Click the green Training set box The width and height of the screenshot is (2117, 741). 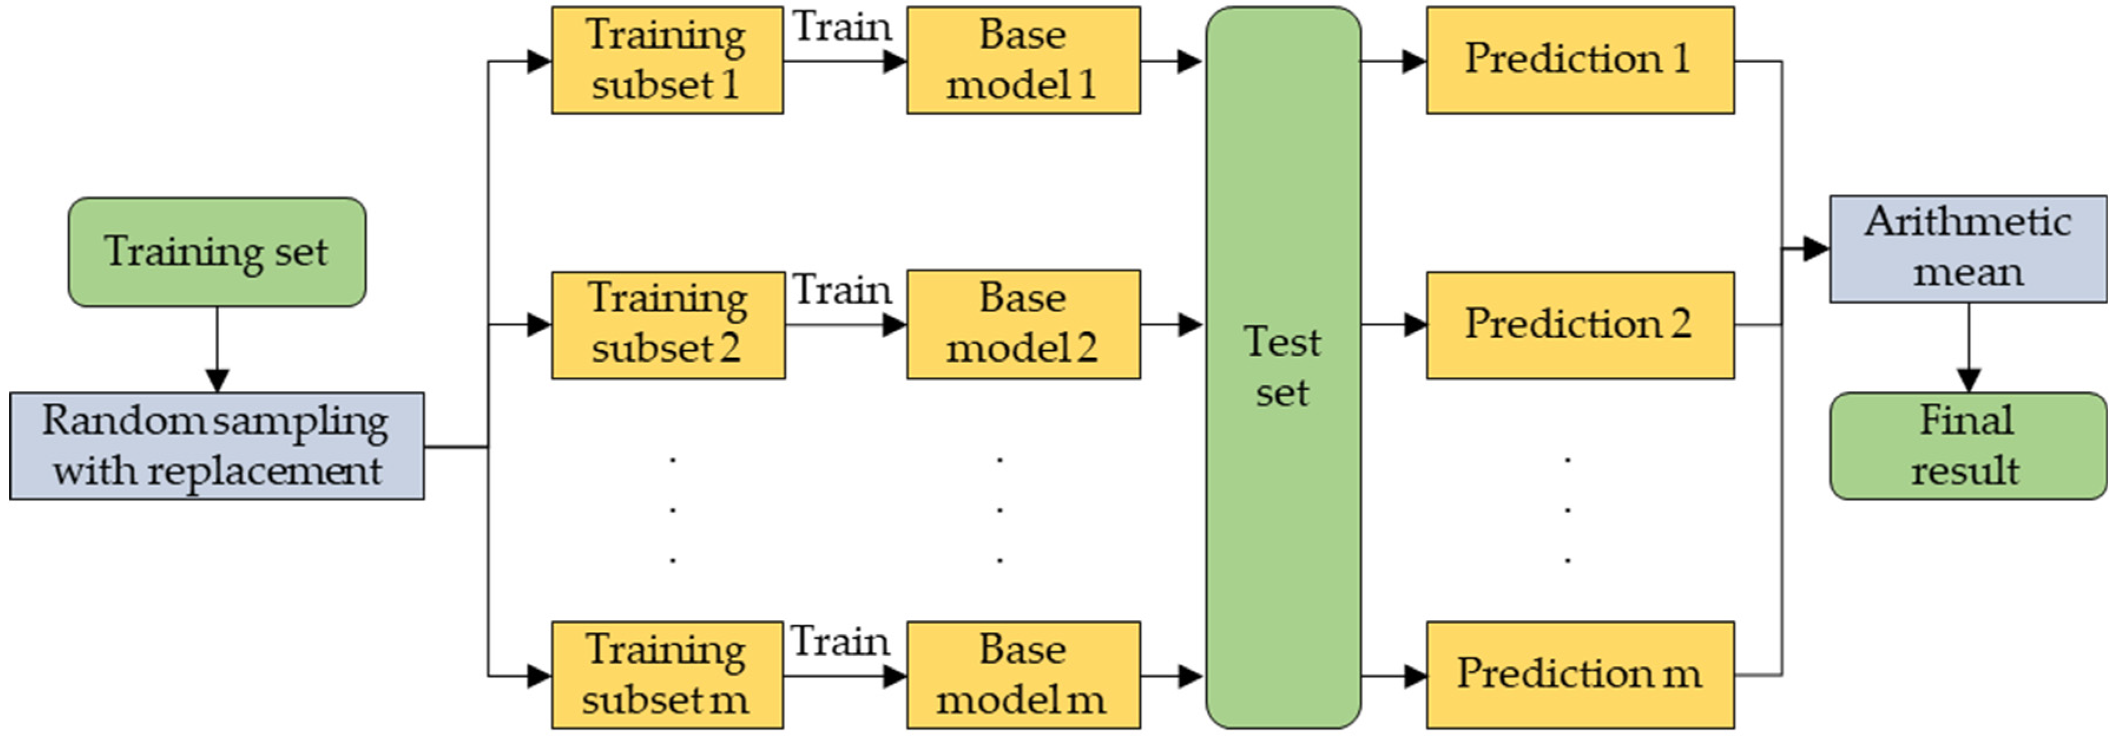[216, 252]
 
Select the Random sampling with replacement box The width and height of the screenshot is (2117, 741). [216, 445]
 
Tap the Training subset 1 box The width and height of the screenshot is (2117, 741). [667, 60]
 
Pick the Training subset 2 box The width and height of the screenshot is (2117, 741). [667, 325]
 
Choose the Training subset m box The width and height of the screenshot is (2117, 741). [667, 674]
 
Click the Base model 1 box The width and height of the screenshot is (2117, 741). [1023, 60]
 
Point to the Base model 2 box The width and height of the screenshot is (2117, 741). [1023, 325]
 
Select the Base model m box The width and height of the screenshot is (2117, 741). [1023, 674]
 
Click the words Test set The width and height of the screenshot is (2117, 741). [1282, 366]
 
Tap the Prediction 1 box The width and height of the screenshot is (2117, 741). [1579, 60]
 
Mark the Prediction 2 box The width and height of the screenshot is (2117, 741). [1579, 325]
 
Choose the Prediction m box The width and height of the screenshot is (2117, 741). [1579, 674]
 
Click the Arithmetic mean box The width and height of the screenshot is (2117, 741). [1967, 248]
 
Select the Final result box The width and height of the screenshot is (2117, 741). [1967, 445]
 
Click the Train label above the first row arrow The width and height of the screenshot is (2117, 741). [841, 27]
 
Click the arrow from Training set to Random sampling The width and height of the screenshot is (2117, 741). [217, 349]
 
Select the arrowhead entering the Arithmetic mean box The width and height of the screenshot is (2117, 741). [1815, 248]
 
